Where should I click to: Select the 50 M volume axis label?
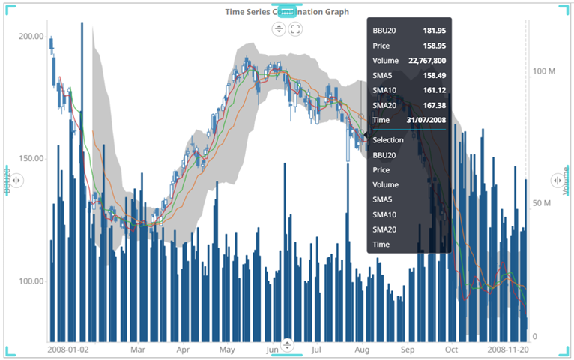pos(542,203)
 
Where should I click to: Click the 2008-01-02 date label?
pos(67,349)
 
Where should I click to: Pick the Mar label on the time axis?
pos(137,349)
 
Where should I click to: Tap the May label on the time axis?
pos(227,349)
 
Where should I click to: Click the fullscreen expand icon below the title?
pos(295,29)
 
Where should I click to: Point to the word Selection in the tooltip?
pos(388,140)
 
